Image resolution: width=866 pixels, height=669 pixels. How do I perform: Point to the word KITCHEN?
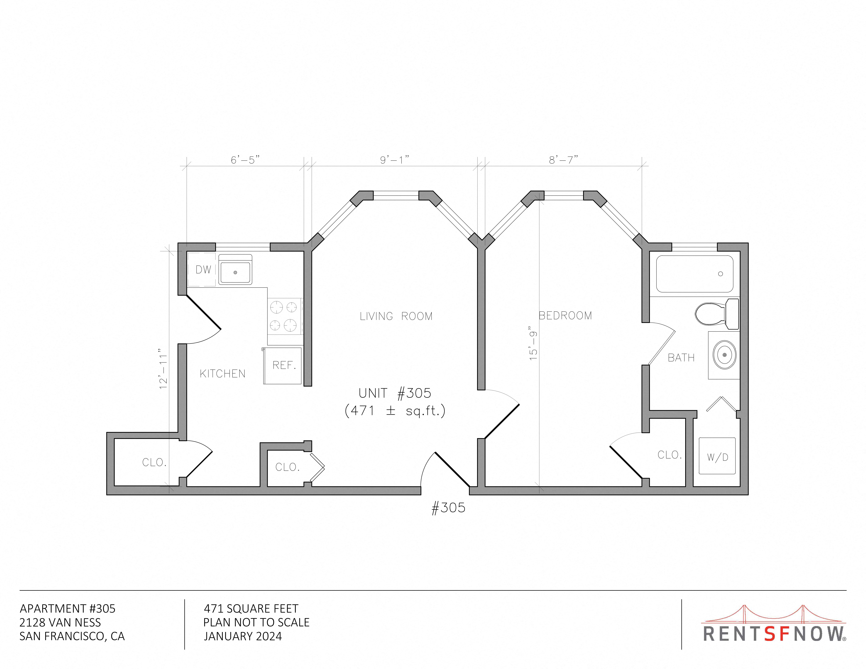point(222,374)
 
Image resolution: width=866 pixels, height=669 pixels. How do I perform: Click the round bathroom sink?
point(724,355)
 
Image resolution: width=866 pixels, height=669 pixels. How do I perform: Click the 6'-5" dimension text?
point(245,160)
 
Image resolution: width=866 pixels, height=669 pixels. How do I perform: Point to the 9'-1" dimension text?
point(395,160)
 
